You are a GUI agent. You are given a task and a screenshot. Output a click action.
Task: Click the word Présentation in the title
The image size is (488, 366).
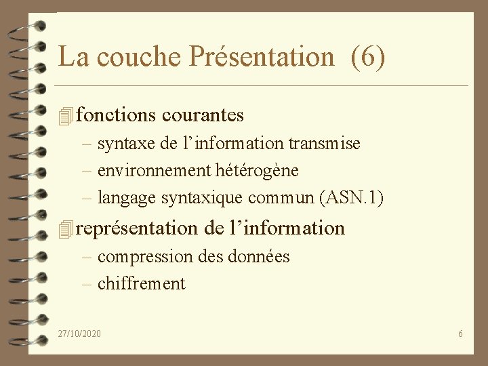(262, 57)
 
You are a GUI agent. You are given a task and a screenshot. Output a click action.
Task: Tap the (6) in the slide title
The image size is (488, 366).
(368, 57)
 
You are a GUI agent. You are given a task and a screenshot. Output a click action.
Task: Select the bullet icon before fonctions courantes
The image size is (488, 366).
(65, 117)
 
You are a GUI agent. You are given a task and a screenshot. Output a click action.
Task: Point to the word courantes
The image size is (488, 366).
(203, 115)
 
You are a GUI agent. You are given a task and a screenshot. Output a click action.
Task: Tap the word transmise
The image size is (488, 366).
(324, 144)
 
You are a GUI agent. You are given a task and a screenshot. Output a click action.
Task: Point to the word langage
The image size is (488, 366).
(127, 199)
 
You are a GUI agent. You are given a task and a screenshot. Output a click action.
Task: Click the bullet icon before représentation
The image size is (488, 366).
(65, 229)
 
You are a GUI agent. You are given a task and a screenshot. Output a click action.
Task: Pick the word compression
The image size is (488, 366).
(145, 257)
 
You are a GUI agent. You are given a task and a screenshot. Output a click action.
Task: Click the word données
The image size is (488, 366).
(261, 257)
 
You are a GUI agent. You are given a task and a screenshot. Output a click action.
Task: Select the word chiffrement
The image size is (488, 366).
(141, 284)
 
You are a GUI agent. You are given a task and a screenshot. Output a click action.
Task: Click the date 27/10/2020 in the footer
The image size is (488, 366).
(79, 333)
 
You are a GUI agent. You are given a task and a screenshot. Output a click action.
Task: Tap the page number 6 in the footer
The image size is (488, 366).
(460, 333)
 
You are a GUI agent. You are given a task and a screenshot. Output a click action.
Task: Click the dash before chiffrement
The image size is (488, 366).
(86, 284)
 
